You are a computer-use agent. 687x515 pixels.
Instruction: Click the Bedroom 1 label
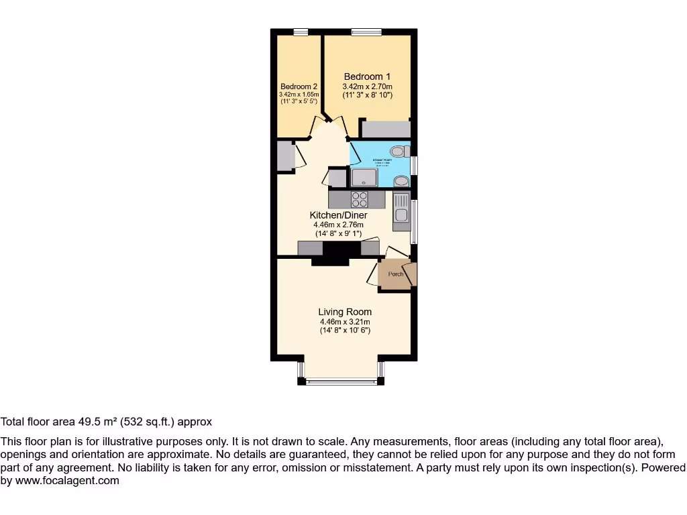(367, 76)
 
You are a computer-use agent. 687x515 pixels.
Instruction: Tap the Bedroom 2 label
(299, 87)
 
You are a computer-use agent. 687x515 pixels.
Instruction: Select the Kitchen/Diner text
(338, 215)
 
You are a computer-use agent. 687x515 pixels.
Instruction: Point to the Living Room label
(345, 312)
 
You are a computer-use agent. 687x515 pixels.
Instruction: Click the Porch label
(396, 274)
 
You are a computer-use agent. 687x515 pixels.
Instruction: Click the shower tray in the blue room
(364, 177)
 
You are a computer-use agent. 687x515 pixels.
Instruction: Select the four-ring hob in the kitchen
(360, 199)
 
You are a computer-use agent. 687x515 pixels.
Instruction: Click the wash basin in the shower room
(401, 181)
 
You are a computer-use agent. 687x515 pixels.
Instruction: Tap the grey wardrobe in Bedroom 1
(385, 129)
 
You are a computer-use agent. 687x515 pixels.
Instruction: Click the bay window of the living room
(341, 381)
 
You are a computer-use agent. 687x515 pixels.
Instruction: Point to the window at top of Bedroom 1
(366, 31)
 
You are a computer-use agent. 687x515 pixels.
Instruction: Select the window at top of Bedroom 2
(301, 31)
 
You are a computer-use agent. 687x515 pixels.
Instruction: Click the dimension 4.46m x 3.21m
(345, 321)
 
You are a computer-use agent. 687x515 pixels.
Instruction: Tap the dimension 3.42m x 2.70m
(367, 86)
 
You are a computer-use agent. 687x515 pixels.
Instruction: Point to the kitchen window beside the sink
(413, 221)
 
